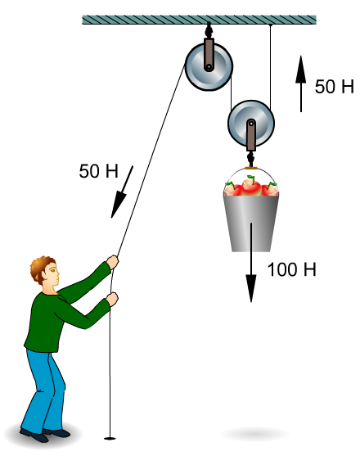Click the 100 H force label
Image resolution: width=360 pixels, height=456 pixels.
point(291,269)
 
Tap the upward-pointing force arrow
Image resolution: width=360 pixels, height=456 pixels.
point(301,84)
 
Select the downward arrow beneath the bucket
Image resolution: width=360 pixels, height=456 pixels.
point(251,263)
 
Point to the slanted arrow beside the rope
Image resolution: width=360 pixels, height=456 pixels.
point(122,192)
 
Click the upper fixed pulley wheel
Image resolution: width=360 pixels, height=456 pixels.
point(209,67)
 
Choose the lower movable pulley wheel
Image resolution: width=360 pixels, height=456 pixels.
point(251,124)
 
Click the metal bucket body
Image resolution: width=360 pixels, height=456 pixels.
point(251,223)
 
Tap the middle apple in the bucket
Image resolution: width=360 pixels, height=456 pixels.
point(250,186)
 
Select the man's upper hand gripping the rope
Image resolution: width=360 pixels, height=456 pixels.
point(112,262)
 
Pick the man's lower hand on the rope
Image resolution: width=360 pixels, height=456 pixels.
point(112,300)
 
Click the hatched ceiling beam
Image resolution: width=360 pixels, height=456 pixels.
point(199,20)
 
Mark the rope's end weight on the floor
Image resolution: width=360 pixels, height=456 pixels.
point(110,438)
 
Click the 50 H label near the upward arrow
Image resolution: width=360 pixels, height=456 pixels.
point(335,87)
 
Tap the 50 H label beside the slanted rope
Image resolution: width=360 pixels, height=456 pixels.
point(99,171)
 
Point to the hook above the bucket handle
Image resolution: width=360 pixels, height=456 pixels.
point(250,159)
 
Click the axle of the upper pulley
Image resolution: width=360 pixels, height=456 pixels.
point(209,67)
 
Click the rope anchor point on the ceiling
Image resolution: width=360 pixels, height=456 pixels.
point(271,25)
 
